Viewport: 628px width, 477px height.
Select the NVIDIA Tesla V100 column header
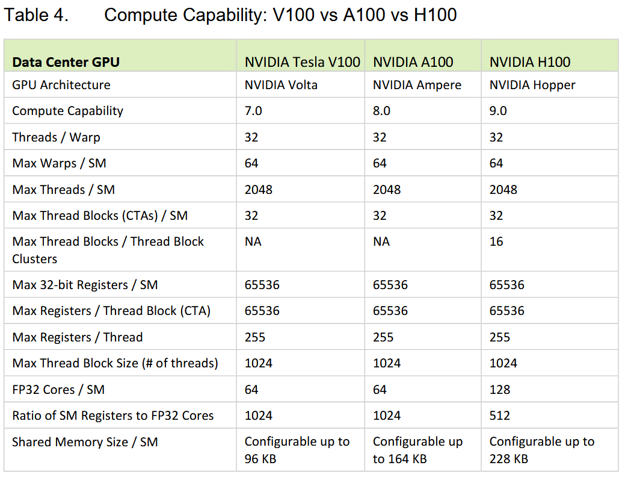(302, 62)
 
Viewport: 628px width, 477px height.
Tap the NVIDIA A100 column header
(413, 62)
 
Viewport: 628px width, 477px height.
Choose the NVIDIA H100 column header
(529, 62)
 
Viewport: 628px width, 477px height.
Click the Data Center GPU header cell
(66, 62)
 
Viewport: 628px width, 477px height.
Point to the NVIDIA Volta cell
(280, 85)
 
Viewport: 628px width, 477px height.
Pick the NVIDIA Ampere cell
(417, 85)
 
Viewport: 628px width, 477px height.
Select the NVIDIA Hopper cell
(532, 85)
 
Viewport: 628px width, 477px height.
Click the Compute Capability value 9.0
(498, 111)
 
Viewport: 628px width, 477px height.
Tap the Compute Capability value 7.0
(253, 111)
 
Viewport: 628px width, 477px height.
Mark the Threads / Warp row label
(56, 137)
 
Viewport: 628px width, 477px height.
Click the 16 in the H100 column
(496, 242)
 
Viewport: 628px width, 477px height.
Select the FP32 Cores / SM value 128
(500, 390)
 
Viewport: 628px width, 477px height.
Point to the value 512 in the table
(500, 416)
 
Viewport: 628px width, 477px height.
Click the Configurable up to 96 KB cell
(297, 449)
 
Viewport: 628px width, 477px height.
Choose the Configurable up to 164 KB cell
(417, 449)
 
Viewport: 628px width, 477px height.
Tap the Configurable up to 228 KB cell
(541, 449)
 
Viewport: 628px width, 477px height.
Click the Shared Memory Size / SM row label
(85, 442)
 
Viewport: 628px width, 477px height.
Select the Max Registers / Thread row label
(77, 337)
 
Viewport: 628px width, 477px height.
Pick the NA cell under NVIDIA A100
(381, 242)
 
